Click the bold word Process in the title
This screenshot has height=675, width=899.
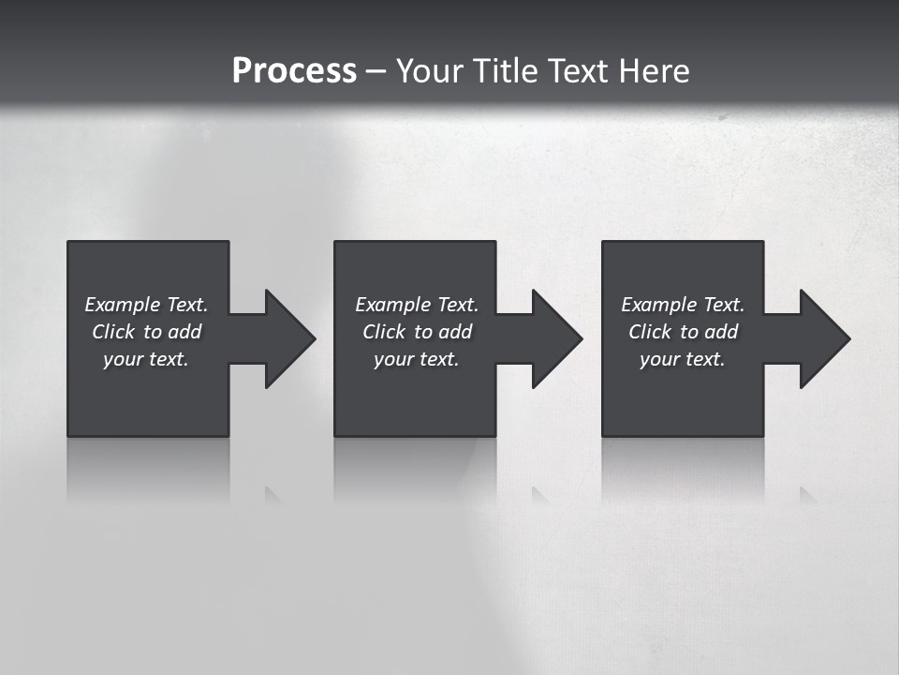point(294,71)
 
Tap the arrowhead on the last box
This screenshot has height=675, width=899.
point(823,338)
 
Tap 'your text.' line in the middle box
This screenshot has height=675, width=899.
point(416,359)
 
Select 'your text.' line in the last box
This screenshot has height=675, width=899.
point(682,359)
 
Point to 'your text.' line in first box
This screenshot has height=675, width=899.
point(146,359)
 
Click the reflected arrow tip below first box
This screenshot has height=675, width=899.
point(273,494)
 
